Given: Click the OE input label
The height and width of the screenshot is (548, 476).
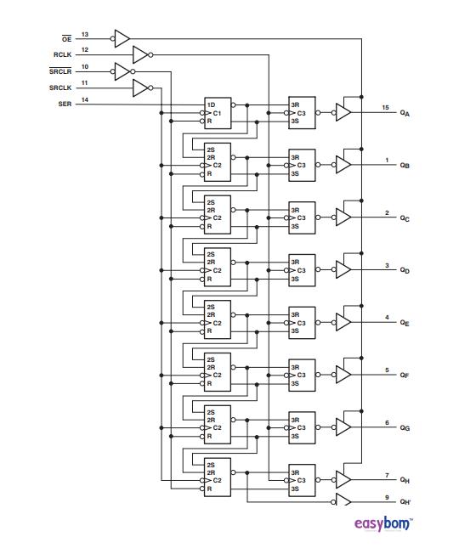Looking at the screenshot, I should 66,39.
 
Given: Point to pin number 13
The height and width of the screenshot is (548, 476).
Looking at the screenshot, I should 85,34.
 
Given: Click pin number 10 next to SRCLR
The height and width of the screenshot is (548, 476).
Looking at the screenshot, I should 85,66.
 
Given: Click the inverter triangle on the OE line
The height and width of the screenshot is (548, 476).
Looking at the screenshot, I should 122,37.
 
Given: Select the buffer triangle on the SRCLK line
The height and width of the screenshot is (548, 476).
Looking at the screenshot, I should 141,88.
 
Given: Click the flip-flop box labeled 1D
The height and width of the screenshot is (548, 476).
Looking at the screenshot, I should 217,113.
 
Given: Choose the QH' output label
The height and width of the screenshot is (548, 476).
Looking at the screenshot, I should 405,501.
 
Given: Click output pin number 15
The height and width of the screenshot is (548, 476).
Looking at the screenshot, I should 386,108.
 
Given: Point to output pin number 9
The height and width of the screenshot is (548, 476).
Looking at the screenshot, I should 387,496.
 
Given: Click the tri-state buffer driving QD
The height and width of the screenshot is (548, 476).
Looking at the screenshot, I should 343,269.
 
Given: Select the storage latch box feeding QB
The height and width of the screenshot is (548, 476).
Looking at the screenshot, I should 302,165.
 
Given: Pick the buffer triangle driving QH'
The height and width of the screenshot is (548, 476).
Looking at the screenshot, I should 343,500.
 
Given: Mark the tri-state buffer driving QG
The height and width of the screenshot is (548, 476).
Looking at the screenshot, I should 343,427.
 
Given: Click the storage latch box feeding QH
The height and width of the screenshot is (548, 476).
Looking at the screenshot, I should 302,480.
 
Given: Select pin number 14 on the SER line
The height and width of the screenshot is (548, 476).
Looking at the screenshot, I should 85,99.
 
